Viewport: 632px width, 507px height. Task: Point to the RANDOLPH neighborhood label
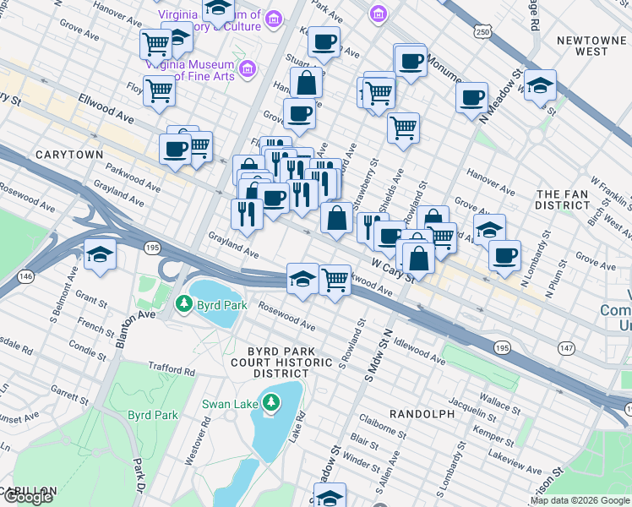pos(422,413)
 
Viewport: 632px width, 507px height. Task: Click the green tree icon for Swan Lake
pos(270,403)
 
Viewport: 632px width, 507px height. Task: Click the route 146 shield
pos(27,275)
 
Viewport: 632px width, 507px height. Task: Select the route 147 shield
pos(565,347)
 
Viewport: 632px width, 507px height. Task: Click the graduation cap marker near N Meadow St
pos(540,85)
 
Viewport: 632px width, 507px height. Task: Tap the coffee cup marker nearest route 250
pos(472,96)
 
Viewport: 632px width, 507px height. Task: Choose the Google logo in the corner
pos(27,497)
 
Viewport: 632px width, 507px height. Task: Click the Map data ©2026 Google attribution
pos(580,501)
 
